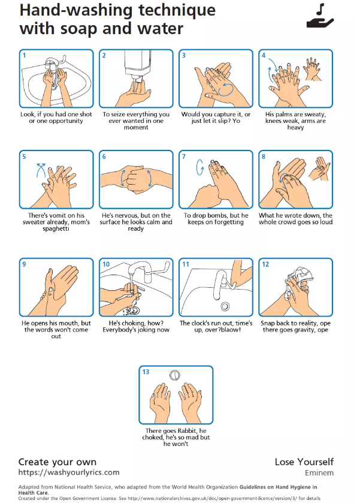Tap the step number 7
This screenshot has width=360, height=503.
tap(184, 156)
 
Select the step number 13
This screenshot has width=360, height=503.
tap(146, 372)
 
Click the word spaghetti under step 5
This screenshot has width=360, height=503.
tap(56, 228)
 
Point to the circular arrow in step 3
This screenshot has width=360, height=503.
tap(225, 89)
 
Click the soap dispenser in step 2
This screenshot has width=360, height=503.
tap(138, 65)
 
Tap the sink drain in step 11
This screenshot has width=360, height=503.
tap(225, 306)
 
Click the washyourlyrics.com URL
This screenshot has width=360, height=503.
tap(69, 472)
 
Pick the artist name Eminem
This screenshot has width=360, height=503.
tap(319, 473)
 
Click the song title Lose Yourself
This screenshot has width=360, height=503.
tap(304, 462)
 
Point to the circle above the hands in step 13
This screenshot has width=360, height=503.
tap(175, 375)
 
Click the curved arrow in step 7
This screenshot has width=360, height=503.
tap(199, 167)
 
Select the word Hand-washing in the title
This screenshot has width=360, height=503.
tap(77, 10)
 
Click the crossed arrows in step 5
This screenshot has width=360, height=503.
tap(41, 170)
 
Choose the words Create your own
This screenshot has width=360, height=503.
tap(58, 462)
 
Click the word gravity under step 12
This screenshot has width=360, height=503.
tap(303, 330)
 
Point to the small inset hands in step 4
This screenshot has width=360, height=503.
tap(312, 69)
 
